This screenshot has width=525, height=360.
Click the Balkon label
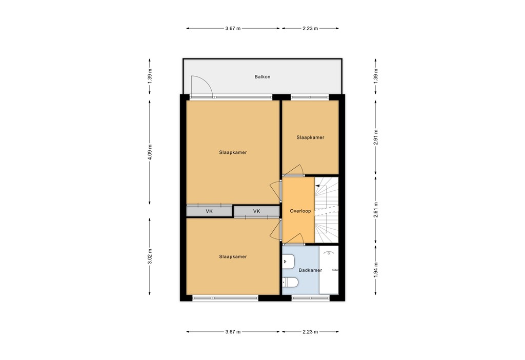tap(262, 77)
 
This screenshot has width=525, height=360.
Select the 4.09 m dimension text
tap(150, 152)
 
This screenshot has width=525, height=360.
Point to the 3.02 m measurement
tap(150, 256)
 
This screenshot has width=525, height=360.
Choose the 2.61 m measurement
tap(376, 210)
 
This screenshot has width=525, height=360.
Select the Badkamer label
tap(310, 270)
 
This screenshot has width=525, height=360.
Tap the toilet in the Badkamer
tap(290, 282)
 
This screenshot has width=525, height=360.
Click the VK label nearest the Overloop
tap(256, 211)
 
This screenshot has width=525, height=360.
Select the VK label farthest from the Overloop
tap(209, 211)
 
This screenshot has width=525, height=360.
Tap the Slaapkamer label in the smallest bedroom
tap(310, 137)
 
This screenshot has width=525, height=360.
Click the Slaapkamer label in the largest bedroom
tap(233, 152)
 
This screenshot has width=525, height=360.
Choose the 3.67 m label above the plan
tap(233, 29)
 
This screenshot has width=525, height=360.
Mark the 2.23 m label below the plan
tap(310, 332)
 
